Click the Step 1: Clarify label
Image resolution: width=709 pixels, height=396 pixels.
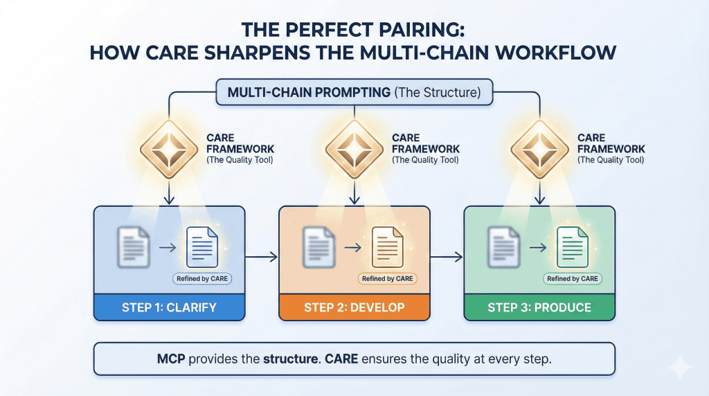point(169,307)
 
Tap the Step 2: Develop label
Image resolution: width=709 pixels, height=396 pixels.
point(354,307)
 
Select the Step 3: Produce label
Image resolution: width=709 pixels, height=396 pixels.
point(539,307)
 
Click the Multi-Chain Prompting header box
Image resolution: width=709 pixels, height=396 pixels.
point(354,92)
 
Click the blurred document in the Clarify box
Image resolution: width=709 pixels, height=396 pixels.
point(134,247)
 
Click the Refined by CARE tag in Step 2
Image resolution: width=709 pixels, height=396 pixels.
point(387,279)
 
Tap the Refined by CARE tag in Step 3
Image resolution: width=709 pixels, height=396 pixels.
point(573,279)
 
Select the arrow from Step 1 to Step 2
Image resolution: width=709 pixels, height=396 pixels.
point(262,258)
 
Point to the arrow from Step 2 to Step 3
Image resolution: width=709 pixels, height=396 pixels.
point(447,258)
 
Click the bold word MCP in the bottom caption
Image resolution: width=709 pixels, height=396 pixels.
point(171,359)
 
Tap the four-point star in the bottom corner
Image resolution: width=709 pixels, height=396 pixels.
point(680,367)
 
